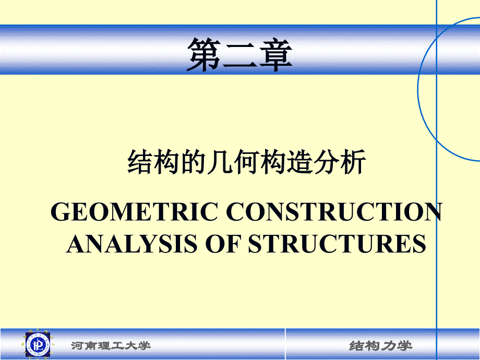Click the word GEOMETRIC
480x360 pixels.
coord(135,211)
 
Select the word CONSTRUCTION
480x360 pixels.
coord(334,211)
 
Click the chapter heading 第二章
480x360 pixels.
coord(239,55)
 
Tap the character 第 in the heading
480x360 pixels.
coord(204,55)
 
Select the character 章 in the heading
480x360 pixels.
coord(275,55)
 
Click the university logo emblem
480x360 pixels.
coord(38,344)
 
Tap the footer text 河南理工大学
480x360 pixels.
coord(111,345)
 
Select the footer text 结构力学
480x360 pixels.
coord(380,346)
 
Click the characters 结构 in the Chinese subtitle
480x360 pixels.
coord(153,162)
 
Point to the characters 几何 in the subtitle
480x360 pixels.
coord(233,162)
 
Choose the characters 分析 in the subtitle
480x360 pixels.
coord(340,162)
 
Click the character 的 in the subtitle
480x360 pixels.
coord(193,162)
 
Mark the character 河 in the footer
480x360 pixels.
coord(78,345)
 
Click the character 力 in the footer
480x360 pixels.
coord(389,346)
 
